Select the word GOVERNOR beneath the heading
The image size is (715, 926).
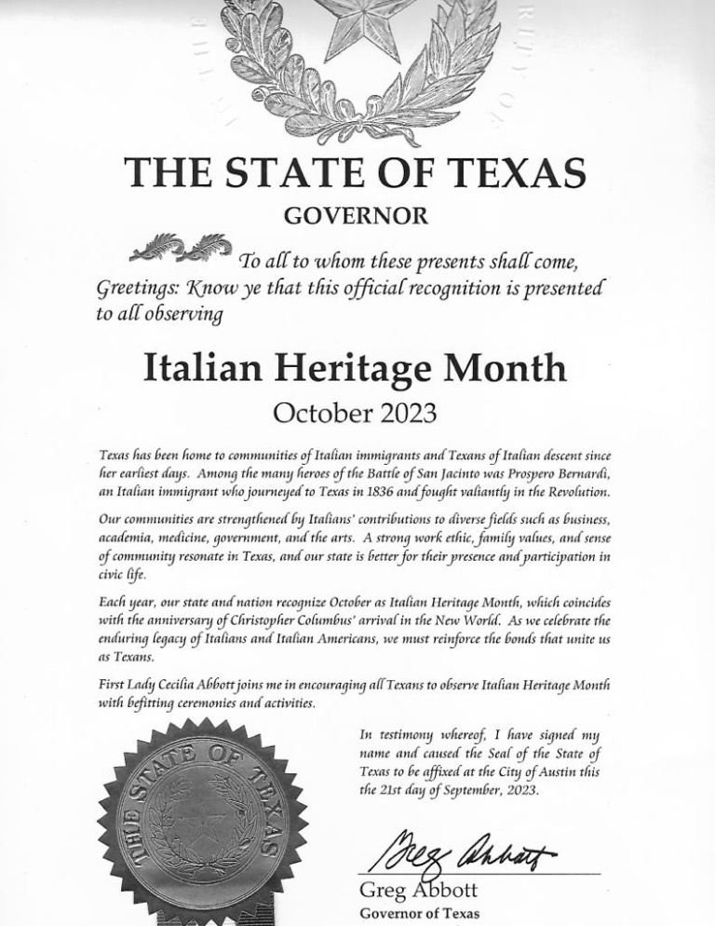click(357, 216)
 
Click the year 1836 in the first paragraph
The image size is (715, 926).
click(398, 491)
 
